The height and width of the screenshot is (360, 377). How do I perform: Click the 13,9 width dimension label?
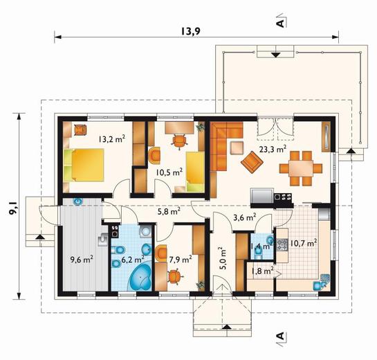point(190,32)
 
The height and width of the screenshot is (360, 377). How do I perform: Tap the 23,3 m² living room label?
point(273,150)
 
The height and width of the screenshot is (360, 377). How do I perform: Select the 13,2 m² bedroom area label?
point(112,139)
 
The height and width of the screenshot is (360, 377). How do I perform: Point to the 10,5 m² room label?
point(169,172)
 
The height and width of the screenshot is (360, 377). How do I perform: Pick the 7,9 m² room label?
point(181,259)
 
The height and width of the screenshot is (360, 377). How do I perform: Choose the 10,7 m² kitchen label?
point(303,243)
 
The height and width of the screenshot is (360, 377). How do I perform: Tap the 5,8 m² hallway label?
point(169,212)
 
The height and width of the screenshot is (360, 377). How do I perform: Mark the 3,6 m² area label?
point(244,217)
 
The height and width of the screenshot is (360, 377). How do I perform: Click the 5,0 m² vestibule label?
point(223,258)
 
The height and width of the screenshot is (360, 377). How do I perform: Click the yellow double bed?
point(84,165)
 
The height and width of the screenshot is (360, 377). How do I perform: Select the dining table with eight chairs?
point(301,168)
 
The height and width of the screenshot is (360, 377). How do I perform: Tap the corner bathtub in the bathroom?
point(140,277)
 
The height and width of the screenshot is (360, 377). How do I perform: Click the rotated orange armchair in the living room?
point(252,162)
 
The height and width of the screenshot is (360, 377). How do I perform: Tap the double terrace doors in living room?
point(275,128)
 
